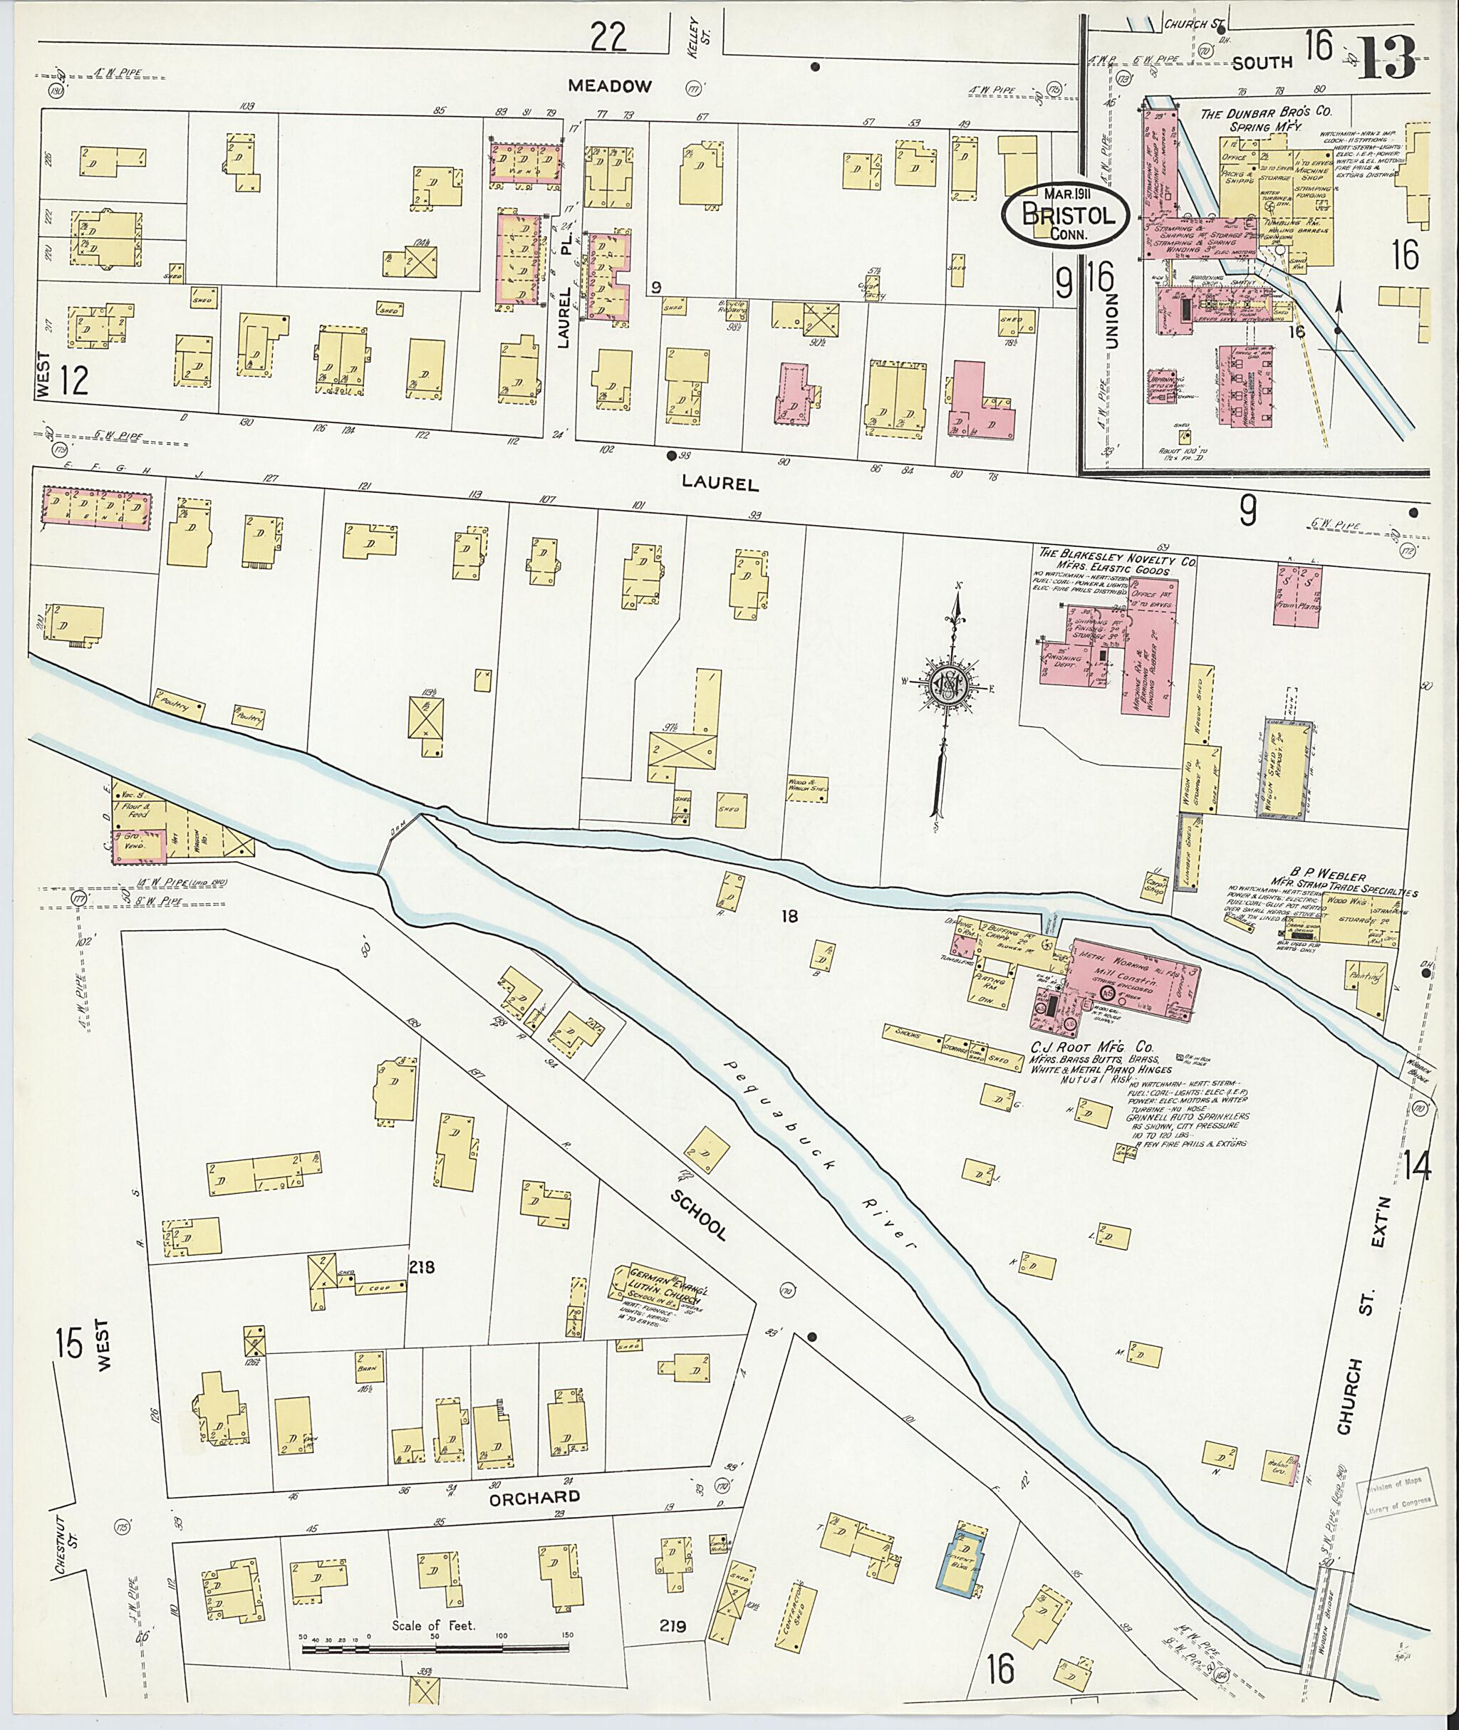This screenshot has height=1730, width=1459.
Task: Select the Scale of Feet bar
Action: coord(436,1649)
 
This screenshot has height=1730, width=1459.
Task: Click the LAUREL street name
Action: coord(719,484)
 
